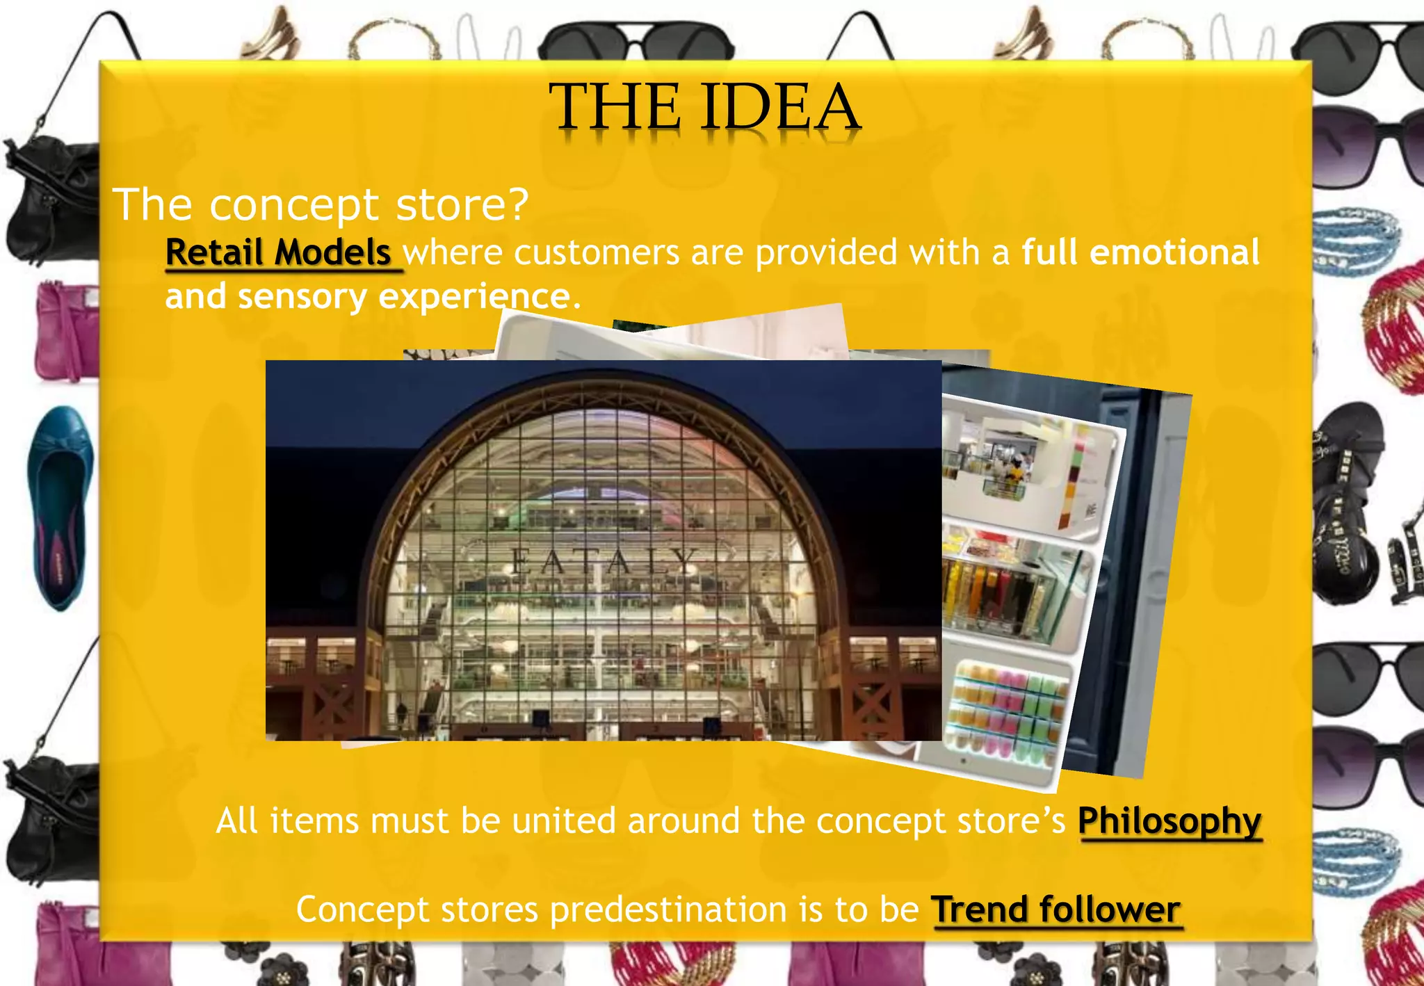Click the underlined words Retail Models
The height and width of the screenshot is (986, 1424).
278,252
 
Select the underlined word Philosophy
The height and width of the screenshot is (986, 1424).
1170,821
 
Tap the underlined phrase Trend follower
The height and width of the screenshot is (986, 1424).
1055,910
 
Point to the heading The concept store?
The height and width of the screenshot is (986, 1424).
321,204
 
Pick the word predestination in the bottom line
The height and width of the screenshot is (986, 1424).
668,910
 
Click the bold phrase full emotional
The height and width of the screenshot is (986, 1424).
1140,252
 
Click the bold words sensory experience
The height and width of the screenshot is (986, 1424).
406,297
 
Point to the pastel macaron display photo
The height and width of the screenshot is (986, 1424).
1008,709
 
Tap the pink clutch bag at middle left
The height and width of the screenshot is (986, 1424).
66,330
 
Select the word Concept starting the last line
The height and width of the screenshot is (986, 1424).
362,910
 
